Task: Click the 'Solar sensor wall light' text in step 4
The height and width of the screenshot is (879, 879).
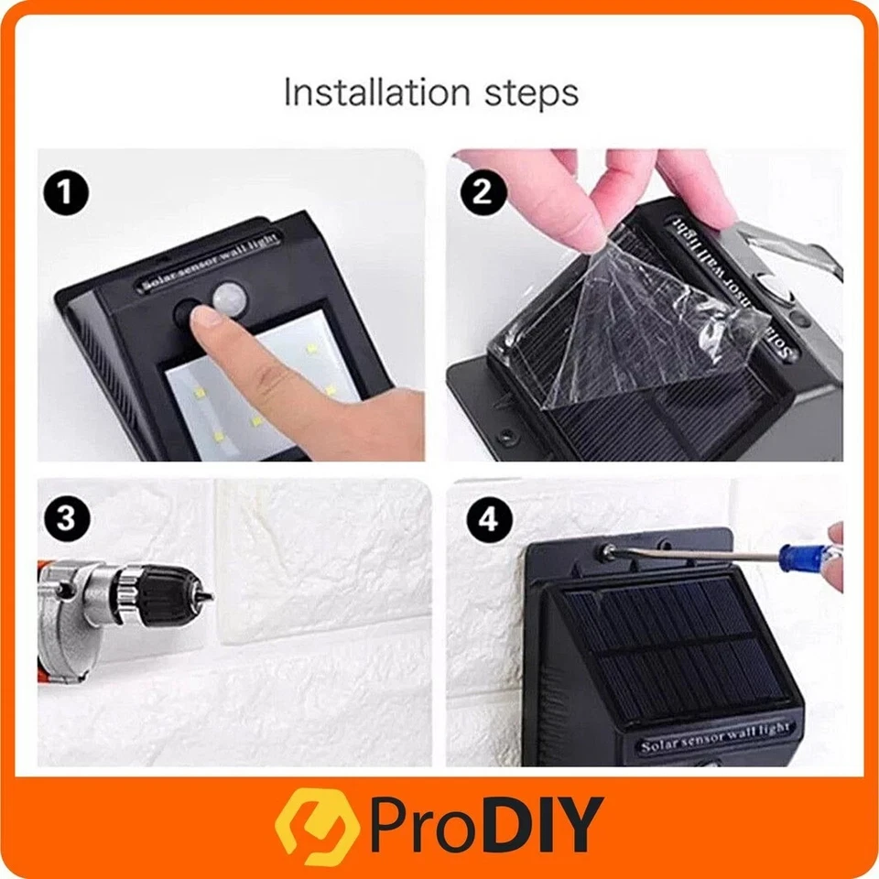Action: [715, 738]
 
